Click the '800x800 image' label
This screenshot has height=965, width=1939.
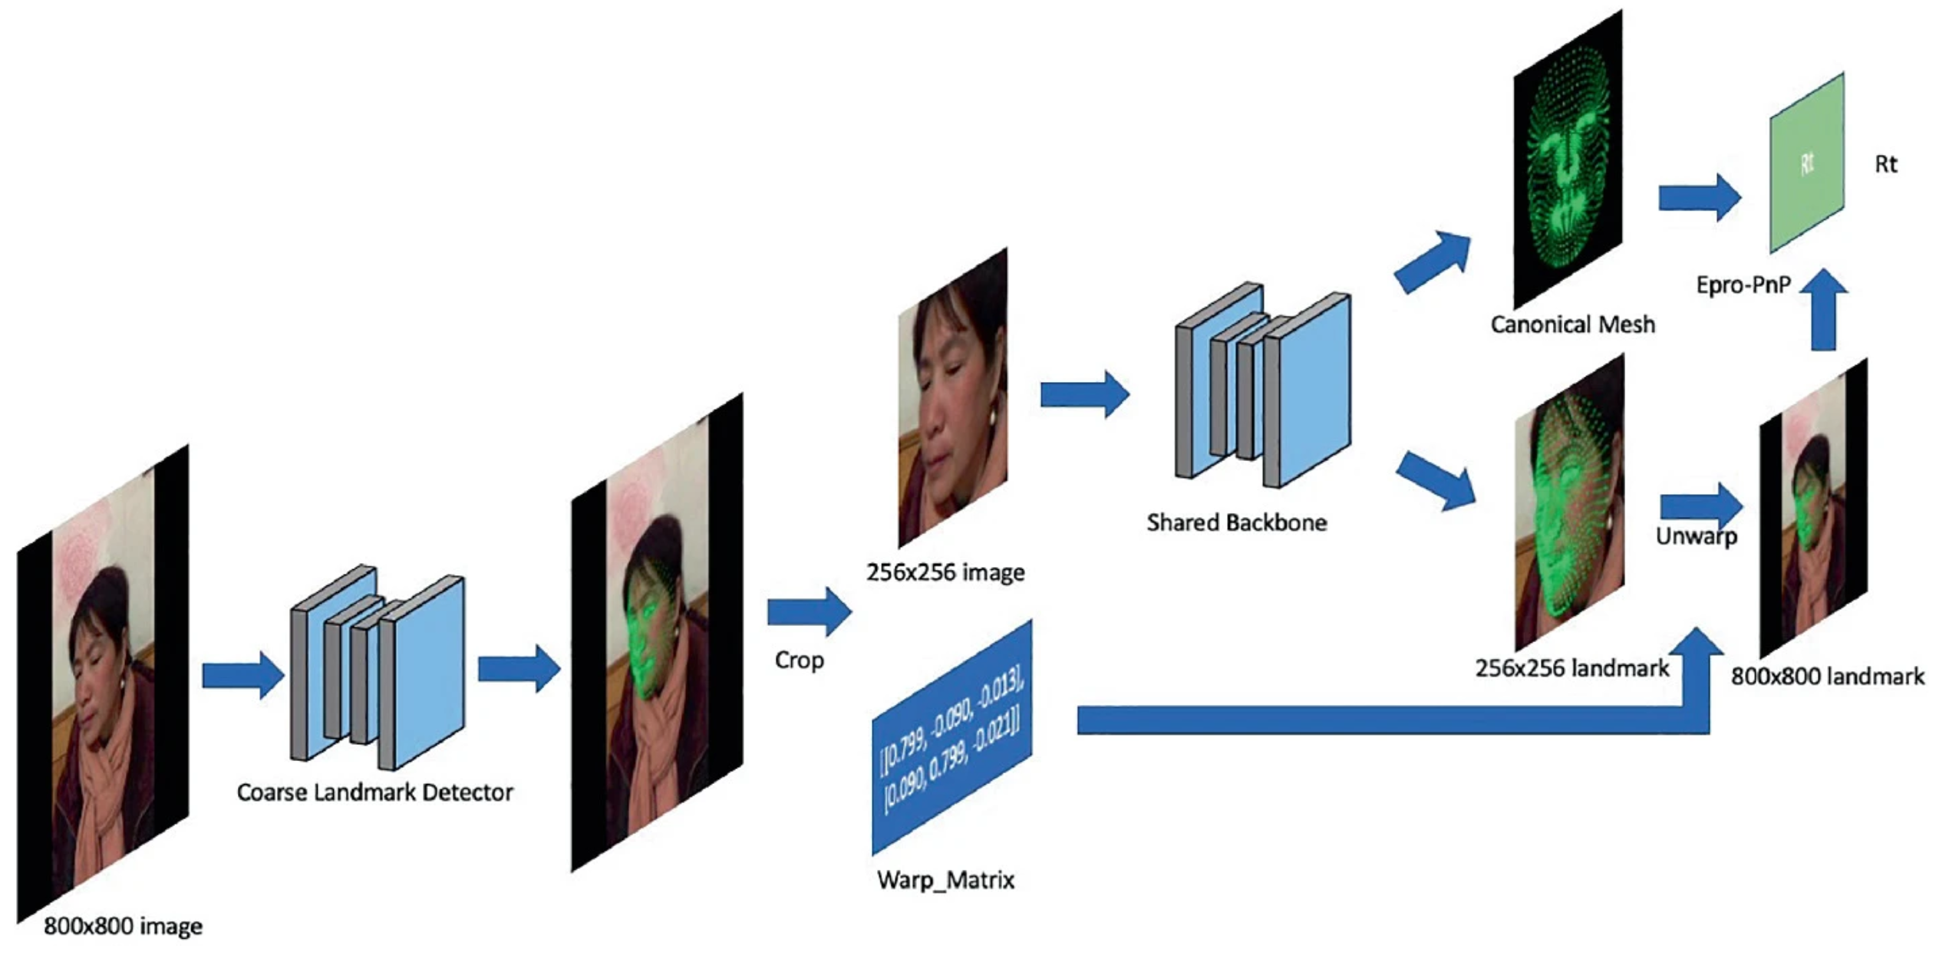pyautogui.click(x=123, y=927)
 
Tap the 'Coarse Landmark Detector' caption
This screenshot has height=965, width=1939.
pyautogui.click(x=374, y=792)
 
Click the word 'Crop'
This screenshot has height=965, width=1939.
pyautogui.click(x=799, y=660)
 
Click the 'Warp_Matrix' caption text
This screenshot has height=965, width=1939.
pyautogui.click(x=945, y=880)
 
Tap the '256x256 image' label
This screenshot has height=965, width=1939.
pyautogui.click(x=945, y=573)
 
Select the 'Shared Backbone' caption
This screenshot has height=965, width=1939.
pyautogui.click(x=1236, y=523)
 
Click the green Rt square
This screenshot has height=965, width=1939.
pyautogui.click(x=1806, y=163)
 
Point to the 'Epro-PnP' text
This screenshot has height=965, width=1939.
pyautogui.click(x=1743, y=285)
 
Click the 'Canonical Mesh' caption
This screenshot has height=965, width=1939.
pyautogui.click(x=1572, y=325)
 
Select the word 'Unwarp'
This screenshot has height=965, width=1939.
pyautogui.click(x=1696, y=536)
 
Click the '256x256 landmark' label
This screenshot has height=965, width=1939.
pyautogui.click(x=1571, y=669)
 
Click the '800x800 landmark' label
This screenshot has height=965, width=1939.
pyautogui.click(x=1827, y=677)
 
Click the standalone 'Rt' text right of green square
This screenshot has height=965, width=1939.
pyautogui.click(x=1886, y=164)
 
